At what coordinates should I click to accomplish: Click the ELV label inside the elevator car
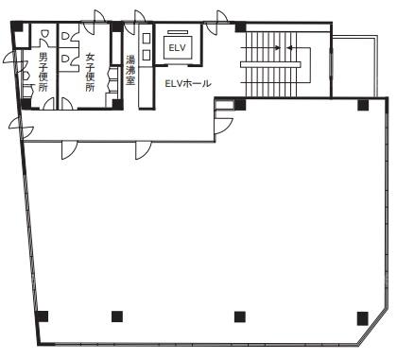(x=177, y=48)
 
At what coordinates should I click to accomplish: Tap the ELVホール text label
(x=188, y=83)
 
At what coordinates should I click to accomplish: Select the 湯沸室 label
(x=130, y=70)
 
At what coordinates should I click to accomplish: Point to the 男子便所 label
(x=43, y=72)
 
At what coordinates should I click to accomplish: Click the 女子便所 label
(x=91, y=73)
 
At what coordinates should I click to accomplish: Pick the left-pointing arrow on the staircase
(x=300, y=48)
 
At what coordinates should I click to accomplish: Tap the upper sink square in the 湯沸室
(x=147, y=38)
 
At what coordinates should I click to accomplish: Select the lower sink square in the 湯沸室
(x=147, y=55)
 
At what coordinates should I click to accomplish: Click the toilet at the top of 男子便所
(x=44, y=33)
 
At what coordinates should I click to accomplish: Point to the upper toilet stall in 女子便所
(x=65, y=36)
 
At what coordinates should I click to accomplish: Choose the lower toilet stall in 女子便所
(x=65, y=59)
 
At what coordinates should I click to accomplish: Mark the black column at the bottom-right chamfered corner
(x=363, y=318)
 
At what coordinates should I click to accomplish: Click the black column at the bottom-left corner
(x=43, y=317)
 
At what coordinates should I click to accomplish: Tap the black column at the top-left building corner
(x=17, y=26)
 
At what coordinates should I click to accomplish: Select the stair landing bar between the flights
(x=270, y=64)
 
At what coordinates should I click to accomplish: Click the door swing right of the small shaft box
(x=224, y=126)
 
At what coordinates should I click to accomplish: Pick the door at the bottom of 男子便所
(x=48, y=104)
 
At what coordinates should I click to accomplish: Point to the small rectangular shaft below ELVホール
(x=225, y=105)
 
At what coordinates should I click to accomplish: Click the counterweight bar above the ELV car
(x=178, y=31)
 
